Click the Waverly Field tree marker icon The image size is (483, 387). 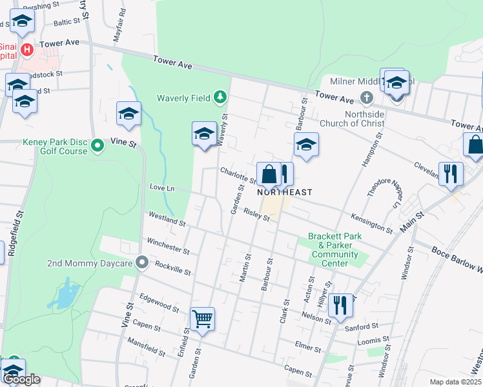point(221,97)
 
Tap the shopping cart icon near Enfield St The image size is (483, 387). point(202,319)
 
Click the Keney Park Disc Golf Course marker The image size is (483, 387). point(98,146)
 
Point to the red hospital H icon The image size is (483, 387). point(26,49)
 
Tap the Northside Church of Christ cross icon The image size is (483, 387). point(366,97)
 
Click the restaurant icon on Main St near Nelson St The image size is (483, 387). point(340,304)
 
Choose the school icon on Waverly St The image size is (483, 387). point(204,134)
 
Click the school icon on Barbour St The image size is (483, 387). point(306,144)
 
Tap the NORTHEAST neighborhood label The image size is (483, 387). point(285,192)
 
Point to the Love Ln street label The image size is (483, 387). point(162,188)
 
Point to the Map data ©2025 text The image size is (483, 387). point(455,382)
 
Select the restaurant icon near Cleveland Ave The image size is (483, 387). point(450,173)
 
